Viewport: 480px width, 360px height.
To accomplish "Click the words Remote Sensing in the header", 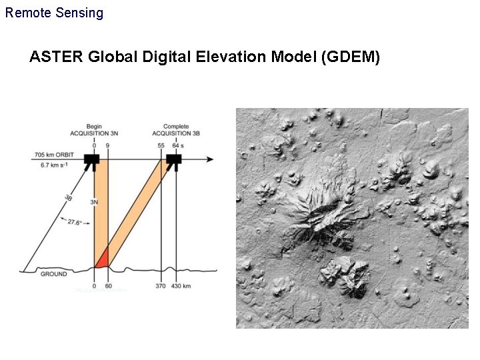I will point(54,13).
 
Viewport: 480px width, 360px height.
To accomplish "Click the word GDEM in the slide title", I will point(351,57).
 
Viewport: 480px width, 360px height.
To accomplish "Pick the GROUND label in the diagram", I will point(54,274).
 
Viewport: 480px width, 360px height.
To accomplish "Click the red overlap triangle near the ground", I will point(103,258).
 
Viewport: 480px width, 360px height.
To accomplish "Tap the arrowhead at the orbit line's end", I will point(210,159).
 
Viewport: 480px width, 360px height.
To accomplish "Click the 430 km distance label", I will point(181,286).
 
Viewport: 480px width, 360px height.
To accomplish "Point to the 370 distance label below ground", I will point(161,286).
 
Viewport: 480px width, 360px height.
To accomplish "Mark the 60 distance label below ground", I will point(108,286).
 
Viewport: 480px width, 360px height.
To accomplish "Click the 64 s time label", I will point(178,145).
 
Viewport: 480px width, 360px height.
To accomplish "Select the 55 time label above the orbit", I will point(161,145).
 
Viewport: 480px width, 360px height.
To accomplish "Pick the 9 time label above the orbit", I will point(107,145).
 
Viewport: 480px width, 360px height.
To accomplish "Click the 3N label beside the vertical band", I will point(94,201).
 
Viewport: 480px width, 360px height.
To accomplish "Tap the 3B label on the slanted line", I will point(69,197).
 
